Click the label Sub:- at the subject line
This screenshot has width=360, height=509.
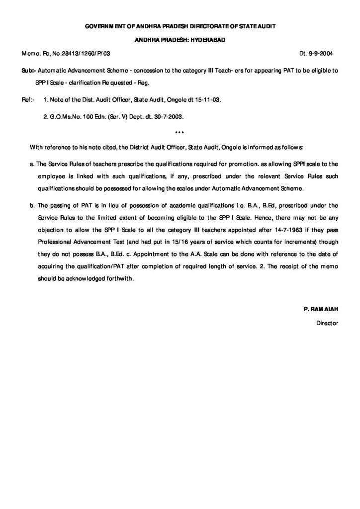(28, 71)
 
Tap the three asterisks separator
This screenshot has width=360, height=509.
(180, 132)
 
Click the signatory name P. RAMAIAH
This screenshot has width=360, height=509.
(321, 309)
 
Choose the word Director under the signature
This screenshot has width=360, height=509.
(327, 323)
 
